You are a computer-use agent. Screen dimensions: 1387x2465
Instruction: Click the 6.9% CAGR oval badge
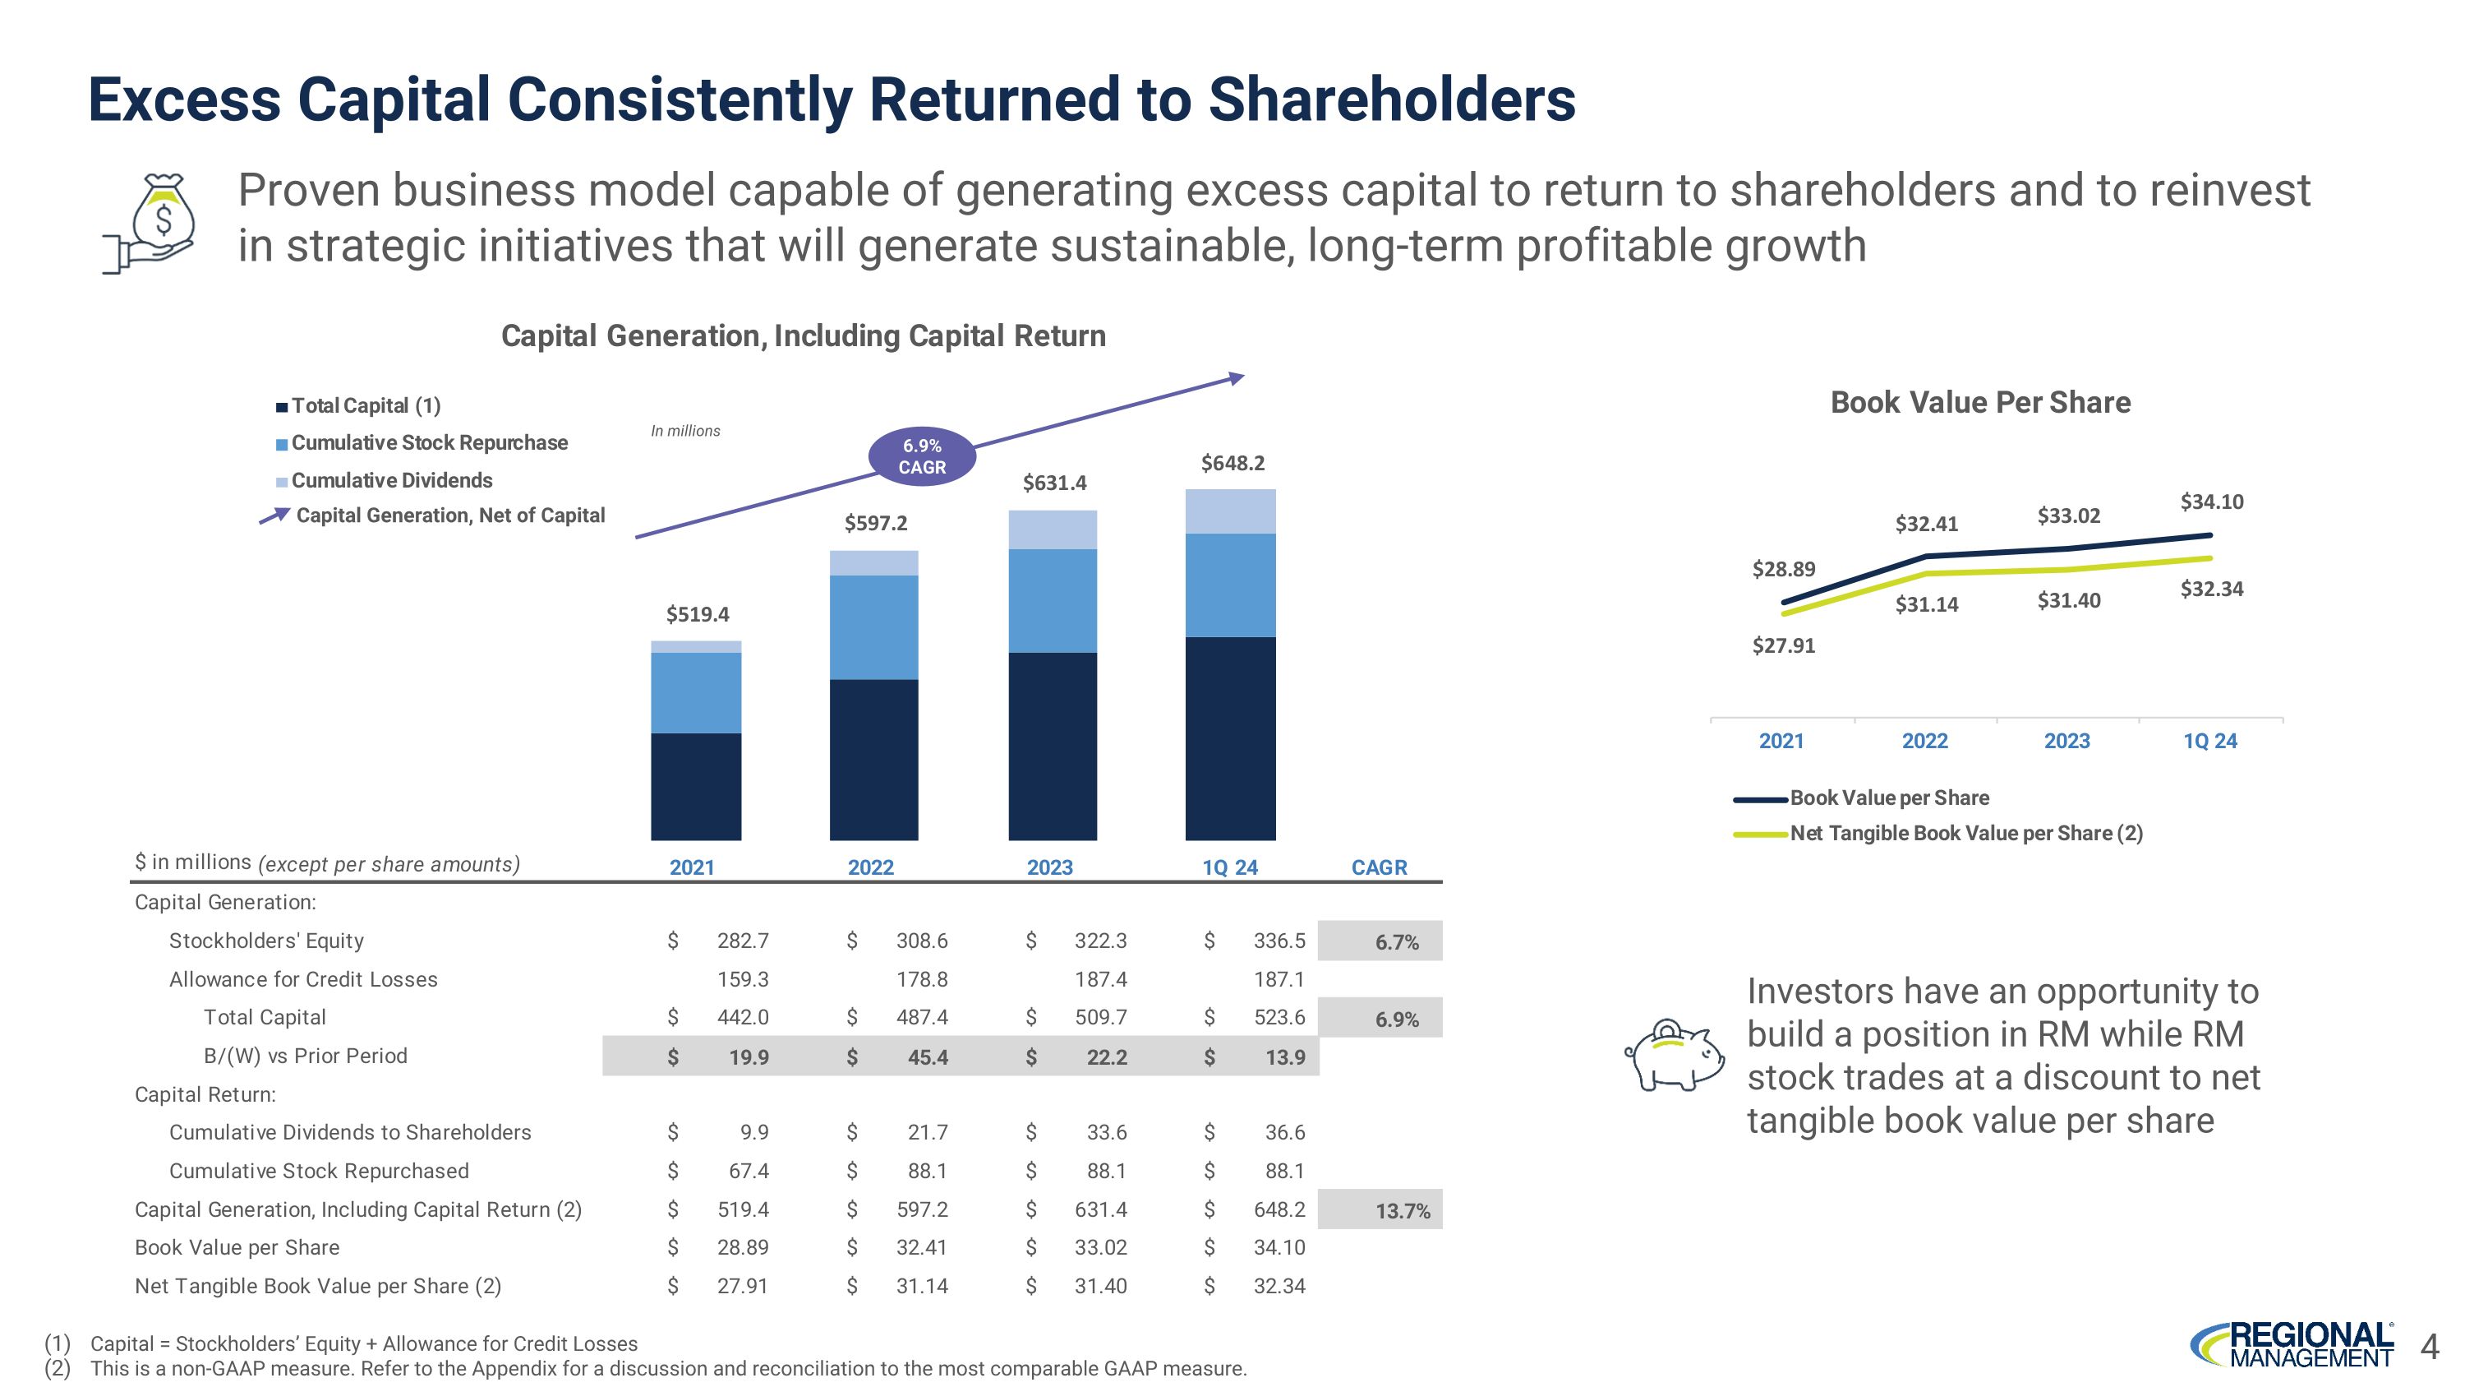tap(922, 456)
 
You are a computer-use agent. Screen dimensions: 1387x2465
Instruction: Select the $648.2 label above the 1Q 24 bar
tap(1232, 463)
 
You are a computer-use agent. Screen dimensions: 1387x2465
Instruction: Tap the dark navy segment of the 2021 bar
tap(696, 786)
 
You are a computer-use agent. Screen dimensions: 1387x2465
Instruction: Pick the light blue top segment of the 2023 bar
tap(1053, 529)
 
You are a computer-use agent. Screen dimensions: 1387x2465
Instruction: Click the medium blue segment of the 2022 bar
tap(873, 627)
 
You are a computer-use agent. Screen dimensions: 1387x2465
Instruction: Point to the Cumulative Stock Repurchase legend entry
tap(429, 443)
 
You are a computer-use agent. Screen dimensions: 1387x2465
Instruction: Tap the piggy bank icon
tap(1674, 1055)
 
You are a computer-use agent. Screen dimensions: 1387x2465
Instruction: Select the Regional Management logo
tap(2292, 1345)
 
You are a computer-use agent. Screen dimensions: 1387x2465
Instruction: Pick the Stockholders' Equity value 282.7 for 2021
tap(743, 941)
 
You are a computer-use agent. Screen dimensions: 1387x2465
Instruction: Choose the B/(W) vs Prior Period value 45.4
tap(927, 1056)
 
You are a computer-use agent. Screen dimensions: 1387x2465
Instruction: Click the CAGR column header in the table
tap(1379, 867)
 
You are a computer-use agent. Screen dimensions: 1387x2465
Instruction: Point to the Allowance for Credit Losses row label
tap(303, 979)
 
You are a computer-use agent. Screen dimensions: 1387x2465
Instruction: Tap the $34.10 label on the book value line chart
tap(2211, 502)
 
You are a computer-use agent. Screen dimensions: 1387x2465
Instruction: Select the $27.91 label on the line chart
tap(1784, 645)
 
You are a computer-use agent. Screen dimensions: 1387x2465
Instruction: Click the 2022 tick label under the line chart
tap(1924, 741)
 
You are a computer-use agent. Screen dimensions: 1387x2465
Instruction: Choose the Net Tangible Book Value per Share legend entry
tap(1965, 834)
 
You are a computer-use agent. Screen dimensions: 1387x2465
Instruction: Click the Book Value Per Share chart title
tap(1980, 402)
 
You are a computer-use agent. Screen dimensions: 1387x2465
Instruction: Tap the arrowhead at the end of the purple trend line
tap(1237, 378)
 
